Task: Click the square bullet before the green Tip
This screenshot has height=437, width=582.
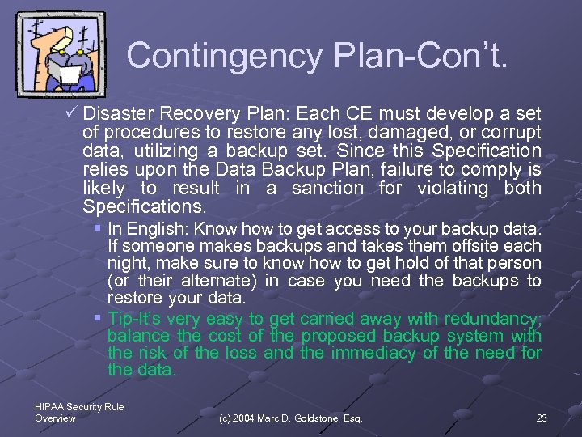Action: coord(99,316)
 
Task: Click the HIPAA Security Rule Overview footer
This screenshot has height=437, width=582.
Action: coord(79,413)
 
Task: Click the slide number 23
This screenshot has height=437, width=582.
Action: coord(541,418)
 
